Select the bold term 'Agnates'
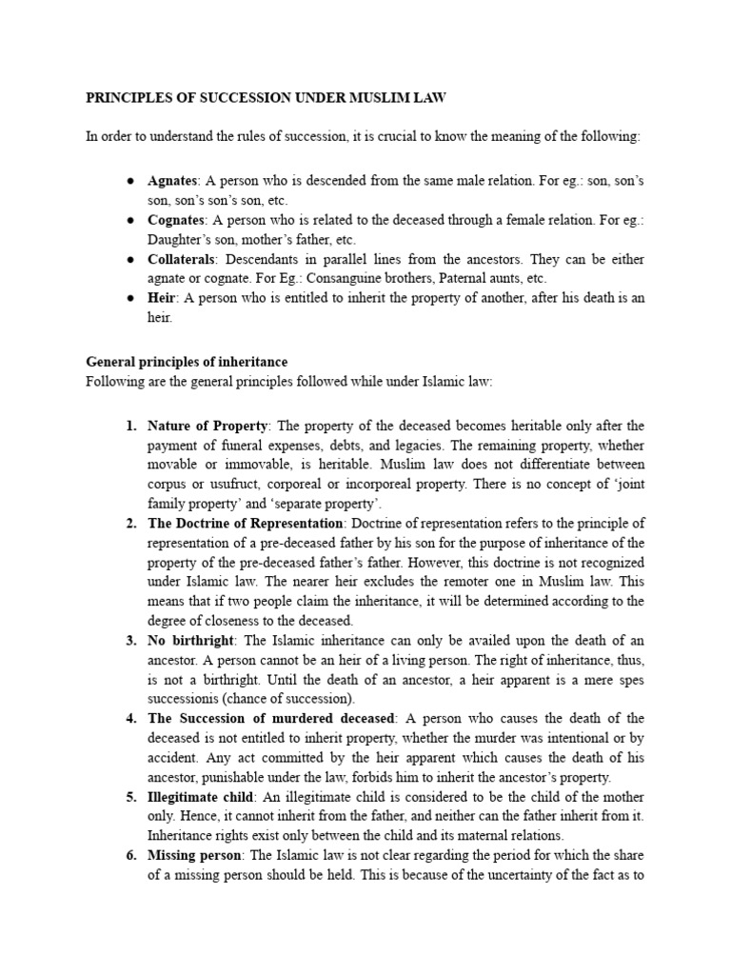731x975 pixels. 171,181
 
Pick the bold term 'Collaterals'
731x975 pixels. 182,259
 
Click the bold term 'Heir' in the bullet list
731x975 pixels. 161,298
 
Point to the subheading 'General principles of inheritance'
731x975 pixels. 187,362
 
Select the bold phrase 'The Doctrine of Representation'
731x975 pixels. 245,524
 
